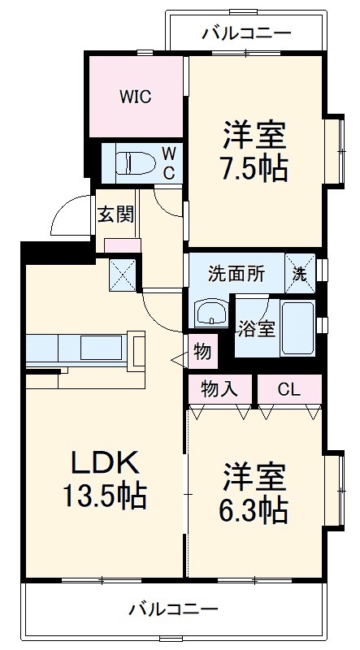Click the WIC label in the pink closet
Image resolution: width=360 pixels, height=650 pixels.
pyautogui.click(x=136, y=97)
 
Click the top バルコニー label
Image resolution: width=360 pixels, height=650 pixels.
pyautogui.click(x=246, y=33)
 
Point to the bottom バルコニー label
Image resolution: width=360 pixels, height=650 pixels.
pyautogui.click(x=173, y=609)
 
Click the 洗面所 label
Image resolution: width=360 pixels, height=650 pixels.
pyautogui.click(x=236, y=274)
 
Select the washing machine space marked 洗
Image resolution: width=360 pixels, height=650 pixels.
pyautogui.click(x=300, y=274)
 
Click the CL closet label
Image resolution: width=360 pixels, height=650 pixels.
pyautogui.click(x=288, y=389)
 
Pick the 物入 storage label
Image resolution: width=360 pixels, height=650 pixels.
pyautogui.click(x=219, y=389)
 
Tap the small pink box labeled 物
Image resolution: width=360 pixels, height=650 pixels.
pyautogui.click(x=202, y=352)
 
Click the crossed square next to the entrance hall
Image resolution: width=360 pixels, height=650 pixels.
pyautogui.click(x=123, y=274)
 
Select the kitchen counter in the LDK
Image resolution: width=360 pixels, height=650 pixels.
pyautogui.click(x=77, y=348)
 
